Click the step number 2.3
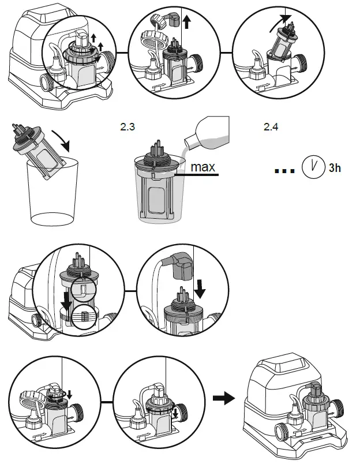[x=127, y=128]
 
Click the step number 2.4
[x=271, y=128]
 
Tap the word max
[x=203, y=168]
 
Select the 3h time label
[x=334, y=169]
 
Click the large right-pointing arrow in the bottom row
[x=224, y=398]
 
